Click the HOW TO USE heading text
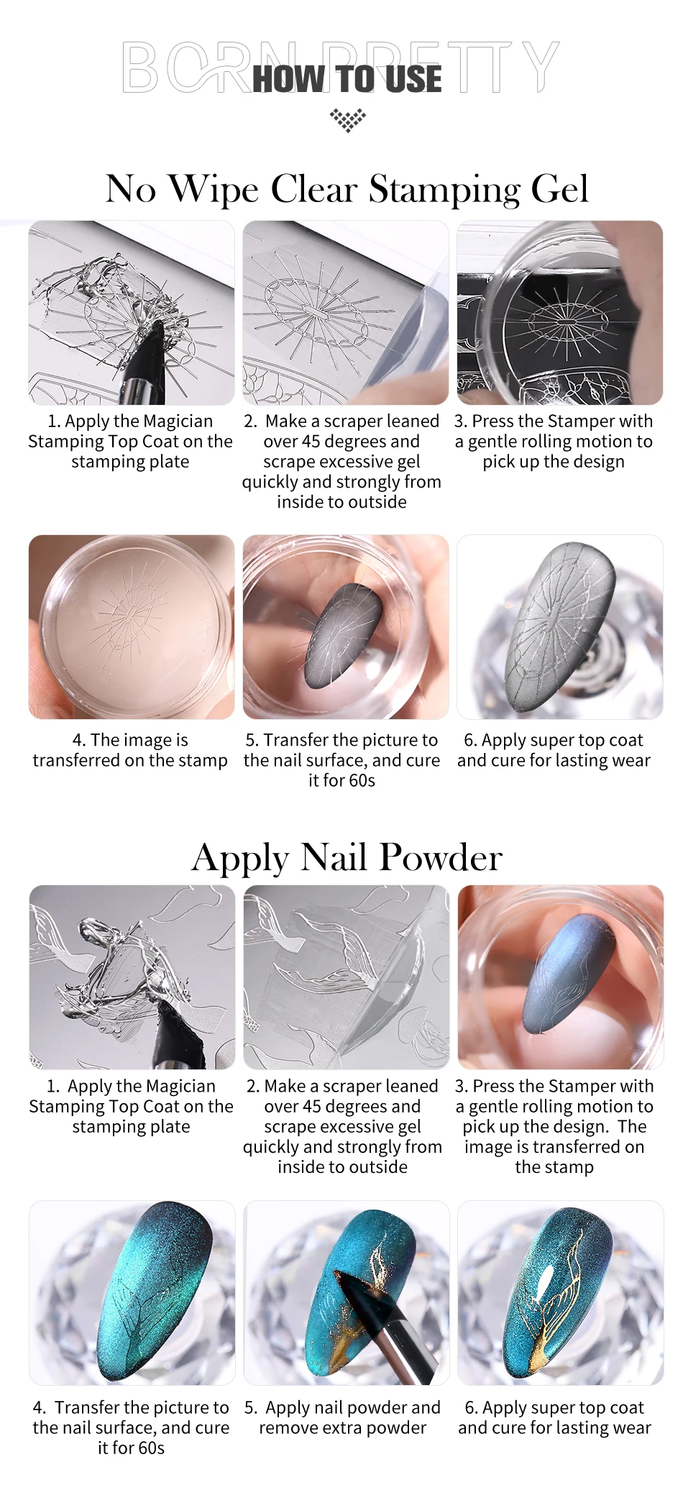coord(347,78)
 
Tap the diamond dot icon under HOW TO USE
coord(348,120)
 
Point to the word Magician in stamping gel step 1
coord(178,421)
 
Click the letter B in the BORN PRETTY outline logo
coord(139,67)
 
